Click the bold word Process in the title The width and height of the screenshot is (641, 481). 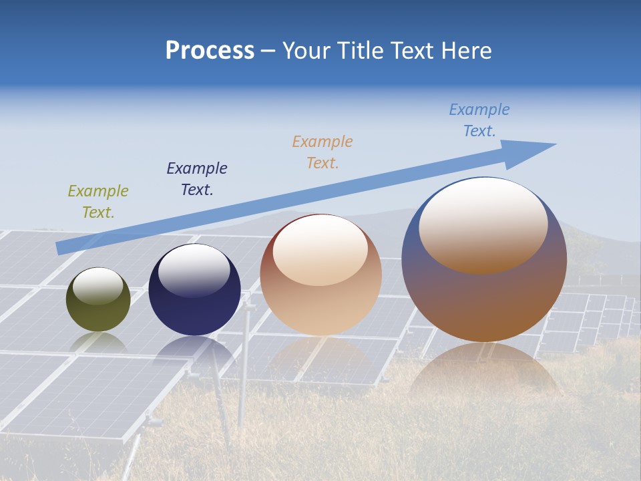coord(210,51)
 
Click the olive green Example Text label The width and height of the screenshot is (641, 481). coord(98,202)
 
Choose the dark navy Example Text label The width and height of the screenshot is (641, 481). coord(197,179)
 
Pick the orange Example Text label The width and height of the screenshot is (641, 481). coord(323,152)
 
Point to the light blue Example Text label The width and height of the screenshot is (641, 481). coord(479,120)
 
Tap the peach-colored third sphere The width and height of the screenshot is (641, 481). coord(320,307)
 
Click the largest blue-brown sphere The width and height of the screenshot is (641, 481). coord(484,301)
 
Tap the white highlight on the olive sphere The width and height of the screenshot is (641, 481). coord(98,286)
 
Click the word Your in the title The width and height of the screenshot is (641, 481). coord(308,51)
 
